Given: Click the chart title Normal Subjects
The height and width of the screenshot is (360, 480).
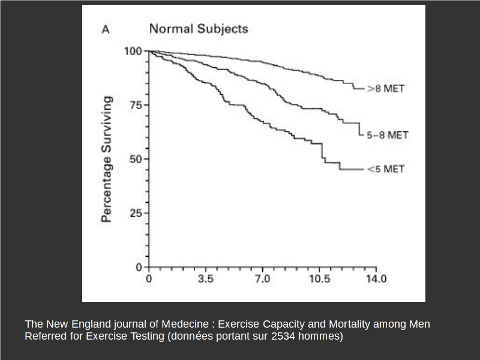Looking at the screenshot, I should pos(198,29).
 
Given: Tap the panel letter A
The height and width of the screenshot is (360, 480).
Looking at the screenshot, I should pos(105,29).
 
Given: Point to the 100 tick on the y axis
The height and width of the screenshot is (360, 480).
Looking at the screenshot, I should pos(133,52).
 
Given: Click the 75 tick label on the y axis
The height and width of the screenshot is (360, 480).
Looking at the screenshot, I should pos(136,105).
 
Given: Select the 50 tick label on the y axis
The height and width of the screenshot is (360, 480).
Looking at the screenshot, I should pos(136,159).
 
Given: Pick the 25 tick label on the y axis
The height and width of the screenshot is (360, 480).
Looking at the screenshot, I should pos(136,213).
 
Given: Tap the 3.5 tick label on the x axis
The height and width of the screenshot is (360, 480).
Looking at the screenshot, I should pos(206,280).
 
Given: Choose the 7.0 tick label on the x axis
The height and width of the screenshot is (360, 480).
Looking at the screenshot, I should pos(262,280).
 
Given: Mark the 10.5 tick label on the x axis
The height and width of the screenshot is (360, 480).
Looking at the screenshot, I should pos(319,280).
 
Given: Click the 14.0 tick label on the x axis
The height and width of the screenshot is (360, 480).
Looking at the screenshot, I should pos(376,280).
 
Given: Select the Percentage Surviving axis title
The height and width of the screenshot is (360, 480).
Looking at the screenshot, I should pos(107,159).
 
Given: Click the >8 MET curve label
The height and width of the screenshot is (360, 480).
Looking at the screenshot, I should pos(386,89).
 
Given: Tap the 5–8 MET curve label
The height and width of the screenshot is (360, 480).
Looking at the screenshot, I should pos(388,135).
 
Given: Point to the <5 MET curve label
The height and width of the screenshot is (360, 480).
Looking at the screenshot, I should pos(386,169).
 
